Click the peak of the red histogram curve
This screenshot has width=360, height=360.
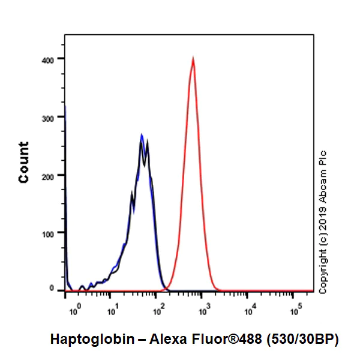(193, 59)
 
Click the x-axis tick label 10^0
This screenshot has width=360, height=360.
(74, 311)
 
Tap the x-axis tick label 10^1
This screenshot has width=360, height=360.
(112, 311)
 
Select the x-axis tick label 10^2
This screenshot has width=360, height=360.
(158, 311)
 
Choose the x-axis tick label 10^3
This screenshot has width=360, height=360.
(203, 311)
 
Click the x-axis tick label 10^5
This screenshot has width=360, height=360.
(295, 311)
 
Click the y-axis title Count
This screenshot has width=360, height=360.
(24, 163)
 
